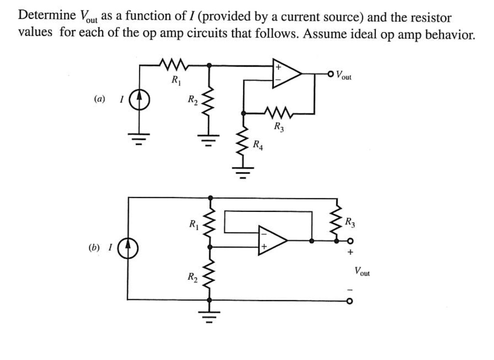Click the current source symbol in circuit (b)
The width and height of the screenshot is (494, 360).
(128, 248)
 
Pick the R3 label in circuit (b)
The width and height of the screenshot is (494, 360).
(351, 222)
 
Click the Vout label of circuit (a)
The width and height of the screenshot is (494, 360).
(344, 75)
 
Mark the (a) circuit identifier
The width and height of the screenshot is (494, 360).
(99, 99)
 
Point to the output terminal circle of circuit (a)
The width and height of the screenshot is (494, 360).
(330, 74)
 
